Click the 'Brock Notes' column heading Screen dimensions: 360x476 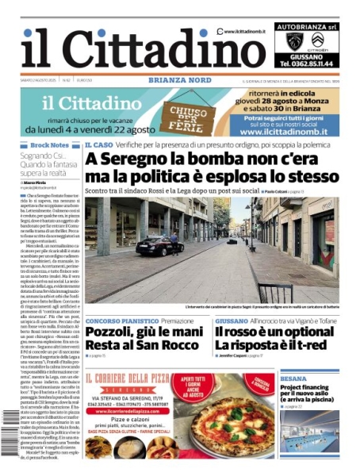pos(48,146)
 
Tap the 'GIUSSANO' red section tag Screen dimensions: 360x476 pos(231,321)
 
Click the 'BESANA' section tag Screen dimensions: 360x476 pos(293,379)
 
